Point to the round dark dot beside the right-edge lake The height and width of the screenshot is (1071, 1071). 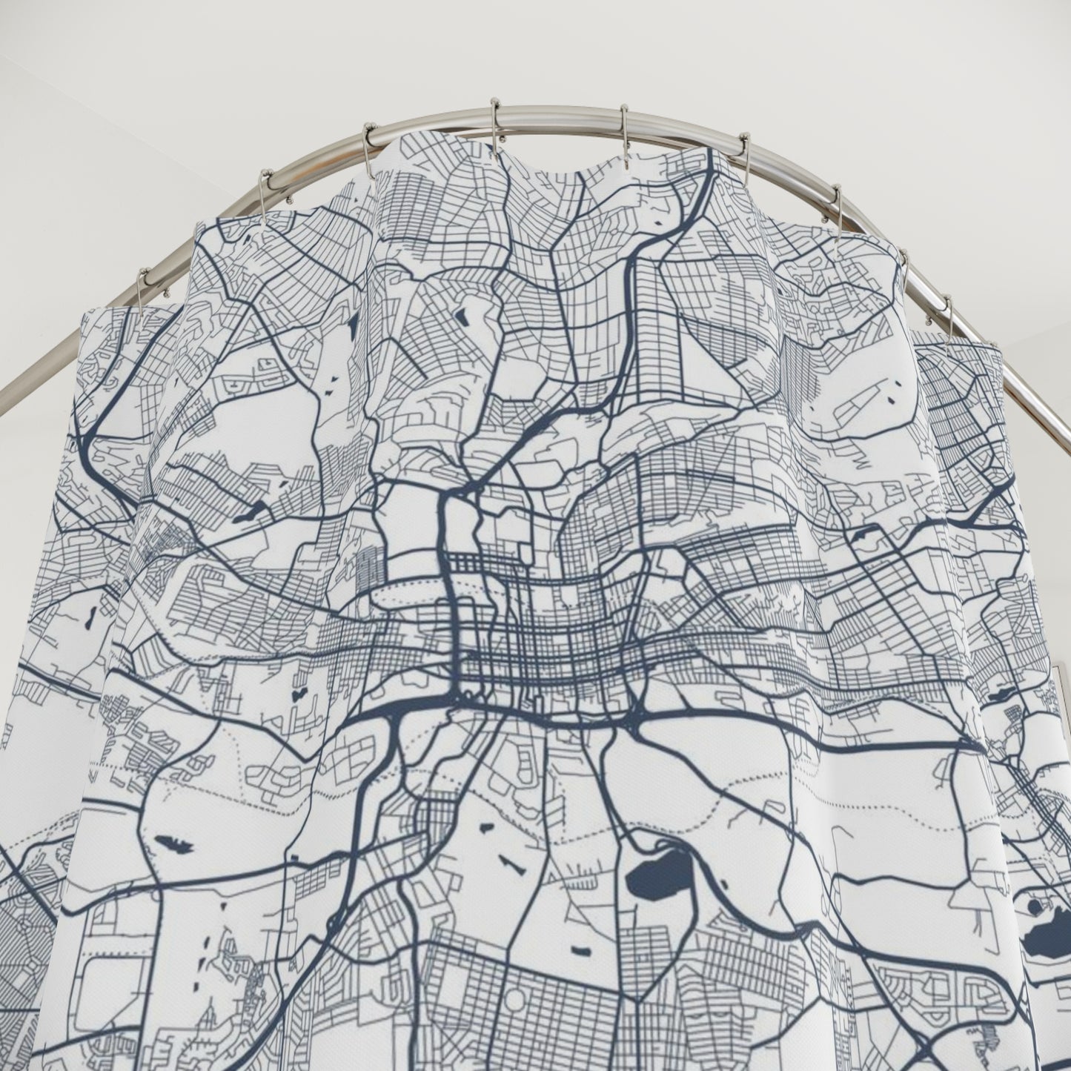click(1033, 906)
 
